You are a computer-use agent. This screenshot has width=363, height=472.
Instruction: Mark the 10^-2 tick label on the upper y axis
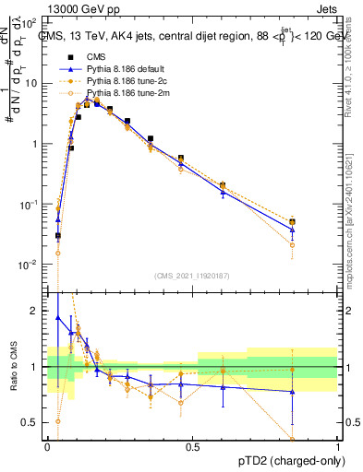point(31,264)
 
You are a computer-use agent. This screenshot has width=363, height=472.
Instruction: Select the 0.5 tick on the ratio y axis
point(33,422)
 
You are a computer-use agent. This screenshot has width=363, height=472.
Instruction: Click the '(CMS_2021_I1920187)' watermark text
point(192,276)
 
